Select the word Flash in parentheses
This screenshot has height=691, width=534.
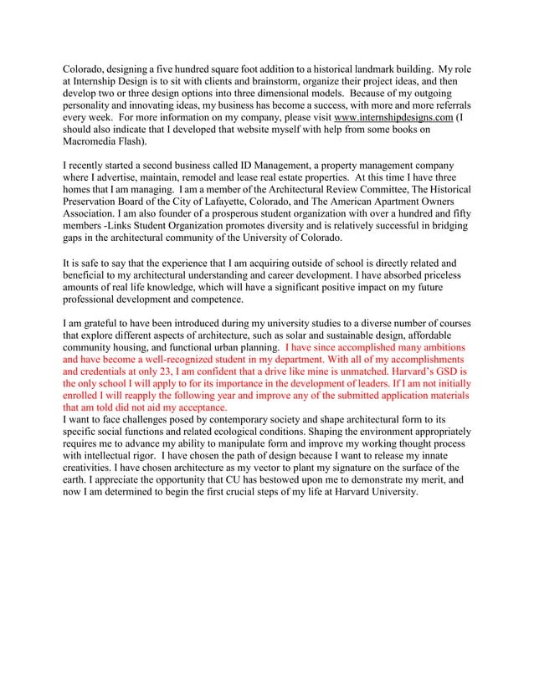(x=144, y=143)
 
